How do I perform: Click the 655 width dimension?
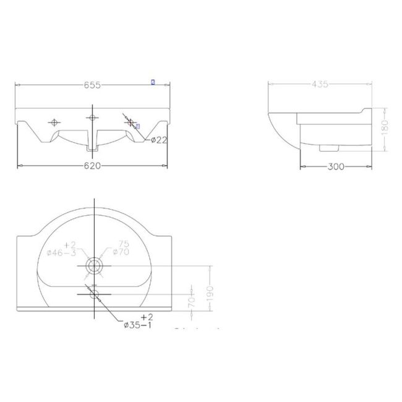(93, 85)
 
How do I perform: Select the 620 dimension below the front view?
(93, 166)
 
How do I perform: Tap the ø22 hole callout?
(160, 140)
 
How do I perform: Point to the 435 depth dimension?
(320, 85)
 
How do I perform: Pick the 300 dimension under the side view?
(336, 167)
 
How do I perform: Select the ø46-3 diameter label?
(62, 252)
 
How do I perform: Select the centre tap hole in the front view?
(93, 118)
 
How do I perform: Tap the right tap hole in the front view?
(130, 122)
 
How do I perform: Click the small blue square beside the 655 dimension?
(153, 82)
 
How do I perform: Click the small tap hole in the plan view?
(93, 294)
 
